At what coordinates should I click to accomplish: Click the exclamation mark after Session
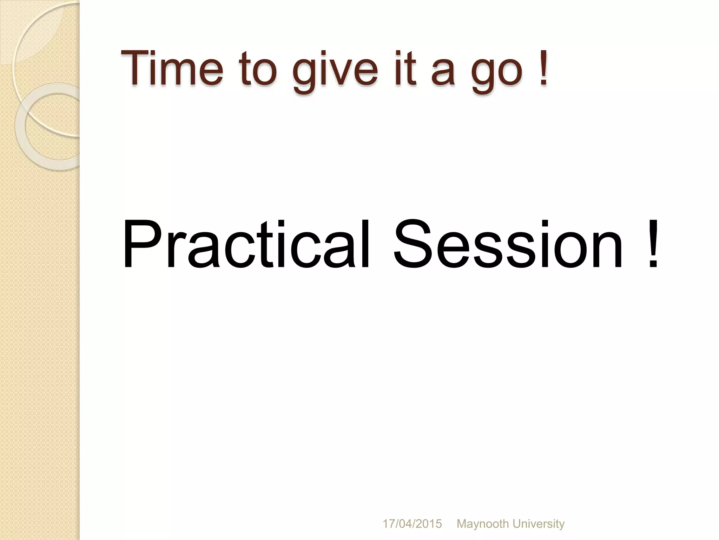point(653,244)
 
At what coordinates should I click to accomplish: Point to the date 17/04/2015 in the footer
point(412,524)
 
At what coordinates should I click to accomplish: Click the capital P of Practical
point(139,244)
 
